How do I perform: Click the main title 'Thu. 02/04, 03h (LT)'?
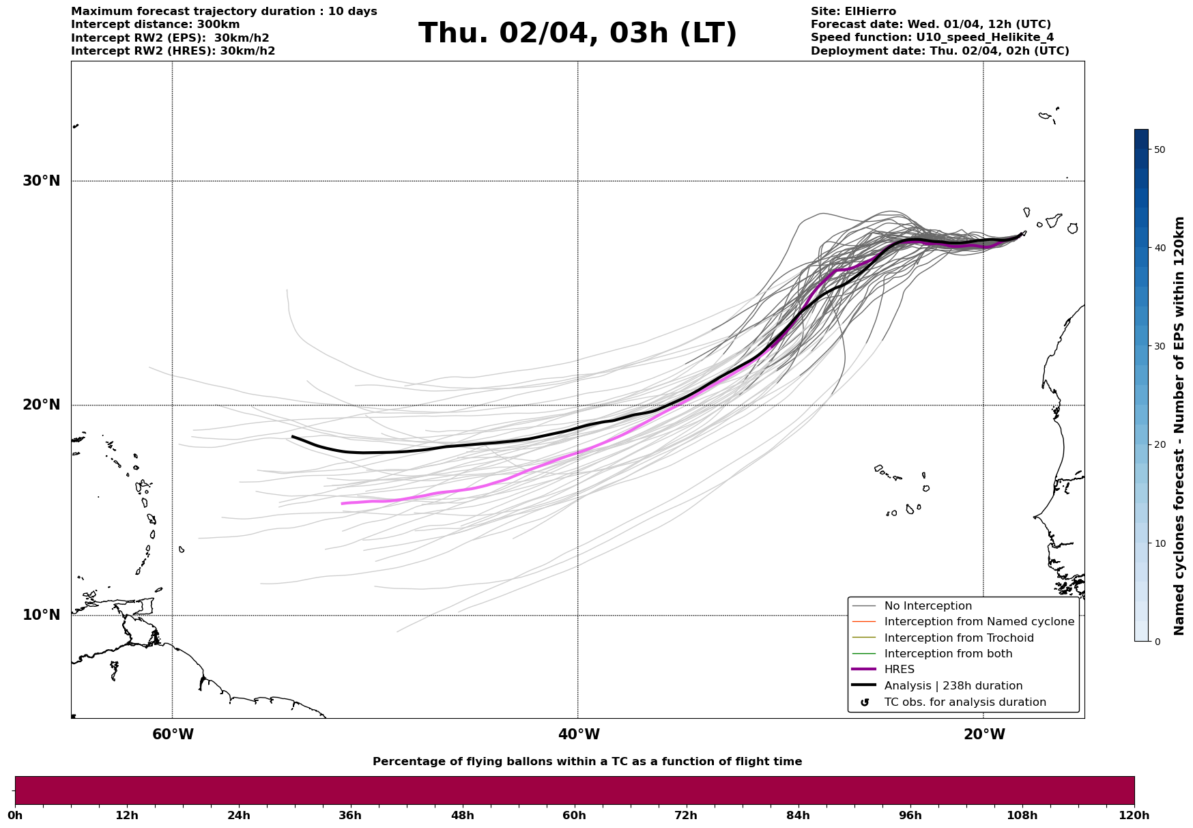tap(577, 33)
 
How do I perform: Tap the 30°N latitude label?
tap(42, 181)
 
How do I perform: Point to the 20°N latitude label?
tap(42, 405)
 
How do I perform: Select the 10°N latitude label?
tap(42, 615)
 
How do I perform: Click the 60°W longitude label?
tap(173, 734)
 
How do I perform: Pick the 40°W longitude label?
tap(579, 734)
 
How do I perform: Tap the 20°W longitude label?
tap(984, 734)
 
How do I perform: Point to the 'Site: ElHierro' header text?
tap(853, 12)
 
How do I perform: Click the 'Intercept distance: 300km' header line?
tap(156, 25)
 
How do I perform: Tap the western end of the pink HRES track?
tap(342, 504)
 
